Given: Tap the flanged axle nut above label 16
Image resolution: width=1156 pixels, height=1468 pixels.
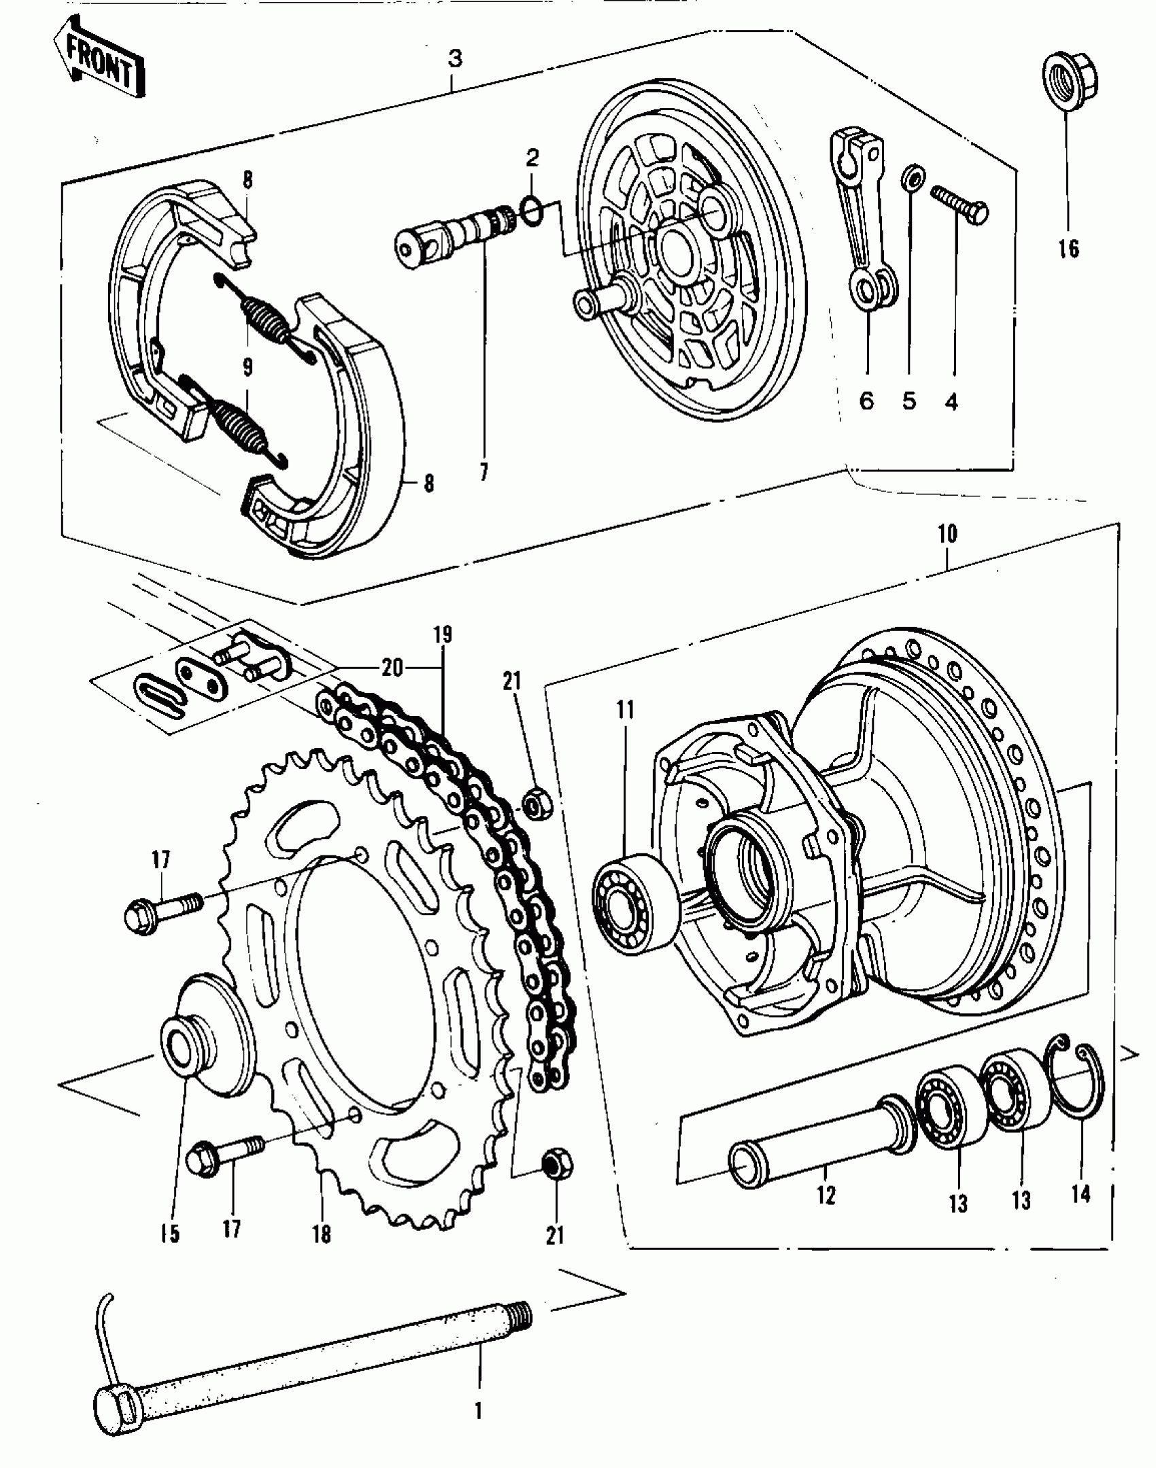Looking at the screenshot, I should point(1070,82).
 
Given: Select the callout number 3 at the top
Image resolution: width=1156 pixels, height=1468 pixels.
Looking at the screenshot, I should point(455,59).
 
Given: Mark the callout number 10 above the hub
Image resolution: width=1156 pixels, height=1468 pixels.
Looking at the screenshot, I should point(947,534).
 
